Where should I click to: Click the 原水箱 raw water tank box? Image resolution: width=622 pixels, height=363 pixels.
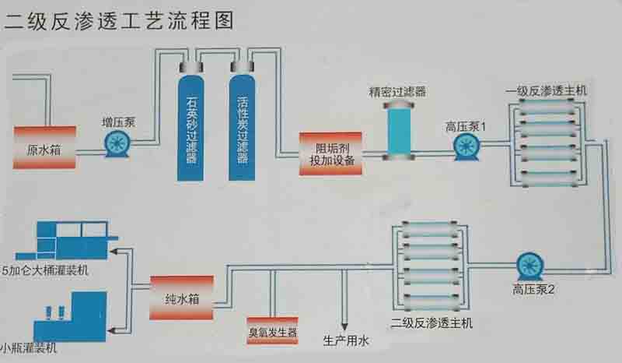tap(44, 148)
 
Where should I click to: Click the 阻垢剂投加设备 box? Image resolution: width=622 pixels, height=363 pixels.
tap(329, 153)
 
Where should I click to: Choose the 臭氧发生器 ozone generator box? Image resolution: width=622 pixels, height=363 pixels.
tap(272, 332)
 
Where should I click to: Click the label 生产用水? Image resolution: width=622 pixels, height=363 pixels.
tap(347, 340)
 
